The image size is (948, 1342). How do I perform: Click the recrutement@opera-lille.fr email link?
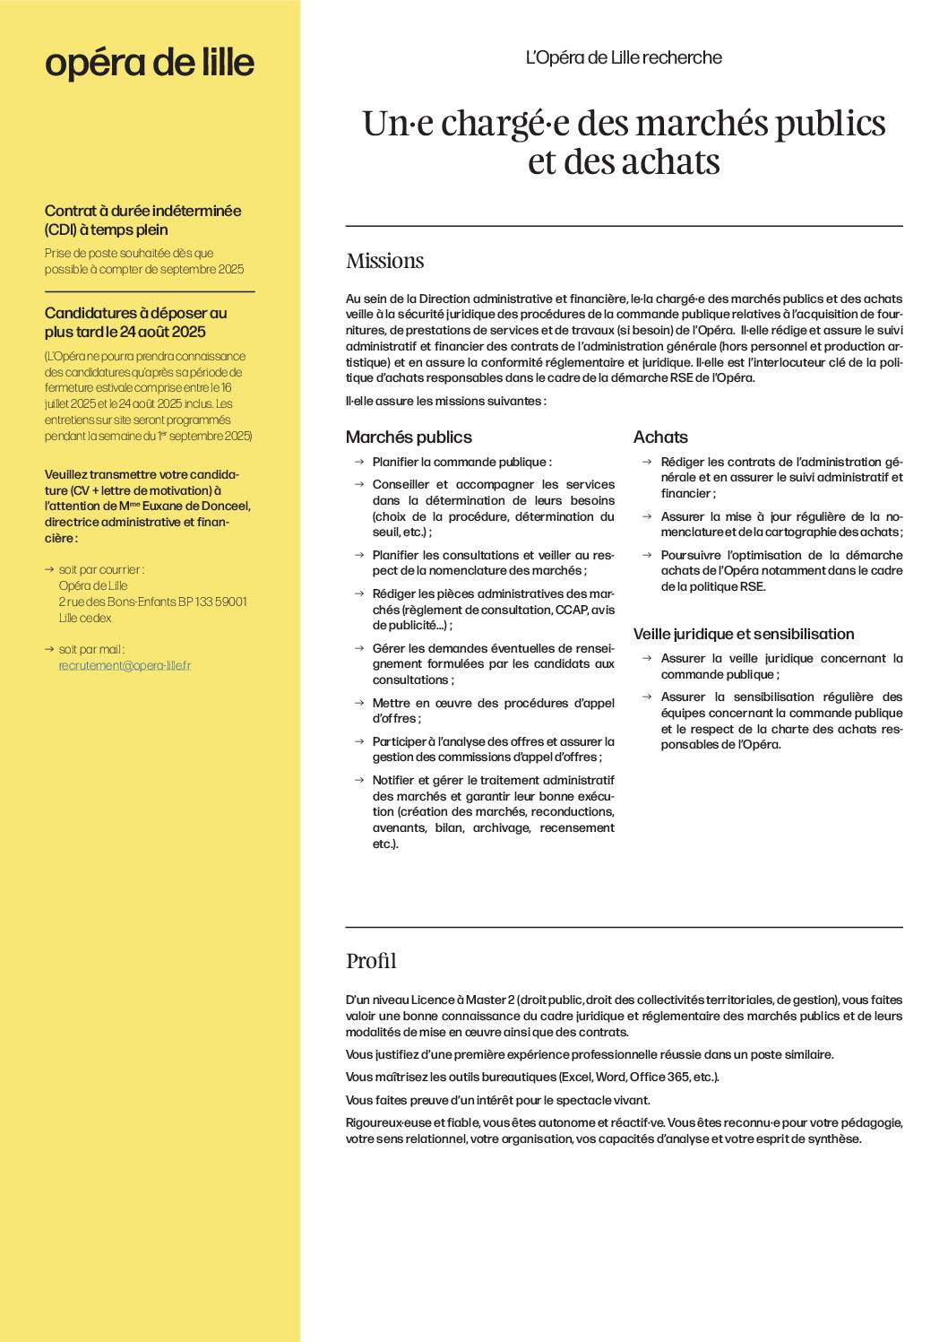(x=125, y=665)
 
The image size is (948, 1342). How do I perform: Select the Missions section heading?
(x=385, y=261)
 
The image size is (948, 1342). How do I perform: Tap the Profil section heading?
(x=371, y=961)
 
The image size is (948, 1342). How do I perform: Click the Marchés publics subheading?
(x=409, y=437)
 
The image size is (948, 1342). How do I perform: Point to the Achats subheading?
(x=660, y=437)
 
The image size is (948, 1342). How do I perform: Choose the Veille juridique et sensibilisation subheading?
(x=744, y=634)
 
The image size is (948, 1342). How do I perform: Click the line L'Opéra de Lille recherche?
(x=624, y=57)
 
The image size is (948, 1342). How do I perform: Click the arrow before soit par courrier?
(x=49, y=569)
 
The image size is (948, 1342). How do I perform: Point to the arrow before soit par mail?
(x=49, y=649)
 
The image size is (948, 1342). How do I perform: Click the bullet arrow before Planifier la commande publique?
(x=358, y=462)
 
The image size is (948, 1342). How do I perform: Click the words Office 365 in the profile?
(x=659, y=1077)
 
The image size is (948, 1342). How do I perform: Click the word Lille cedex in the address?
(x=85, y=618)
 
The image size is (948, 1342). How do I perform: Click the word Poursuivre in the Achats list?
(x=691, y=555)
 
